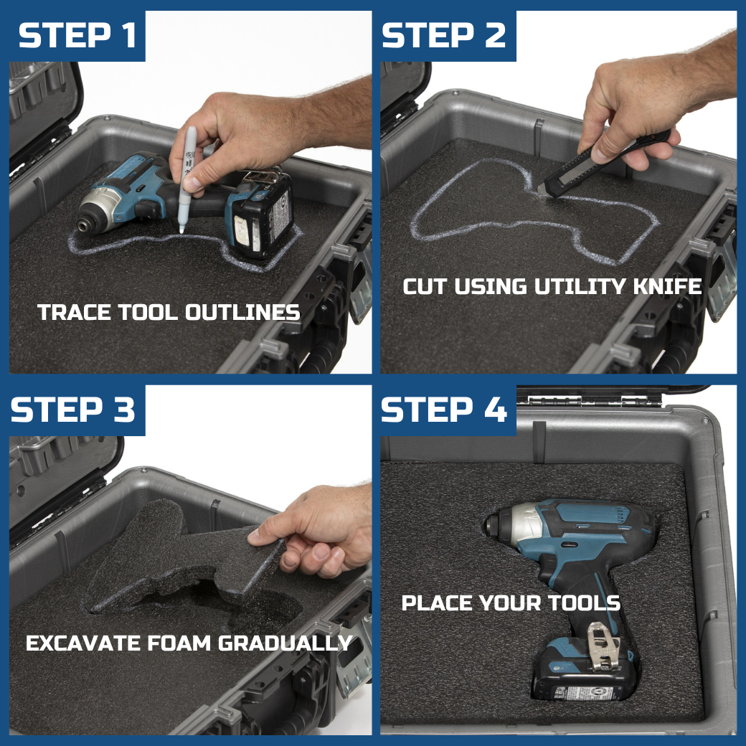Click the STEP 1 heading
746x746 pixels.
click(x=77, y=35)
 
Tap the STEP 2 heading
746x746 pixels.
click(x=443, y=35)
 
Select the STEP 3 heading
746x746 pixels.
click(x=72, y=410)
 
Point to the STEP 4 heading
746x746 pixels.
click(x=443, y=410)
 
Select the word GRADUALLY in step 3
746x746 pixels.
click(x=285, y=643)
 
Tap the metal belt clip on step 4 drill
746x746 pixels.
click(x=603, y=646)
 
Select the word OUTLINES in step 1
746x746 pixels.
click(x=242, y=313)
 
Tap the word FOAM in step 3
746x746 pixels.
click(x=179, y=643)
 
